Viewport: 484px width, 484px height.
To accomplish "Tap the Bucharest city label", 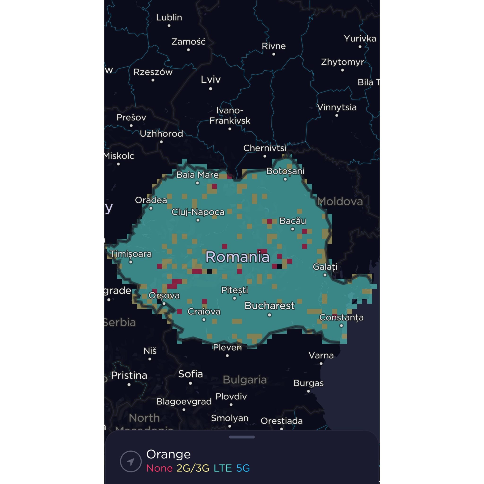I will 269,306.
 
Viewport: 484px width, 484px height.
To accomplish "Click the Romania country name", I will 237,257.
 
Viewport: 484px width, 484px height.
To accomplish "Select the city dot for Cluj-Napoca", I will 198,220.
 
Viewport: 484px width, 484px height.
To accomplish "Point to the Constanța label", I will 341,317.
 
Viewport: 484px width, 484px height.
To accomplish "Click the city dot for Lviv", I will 210,89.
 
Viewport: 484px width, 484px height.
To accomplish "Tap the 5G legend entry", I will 243,468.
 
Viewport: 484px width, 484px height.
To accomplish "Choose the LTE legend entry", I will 223,468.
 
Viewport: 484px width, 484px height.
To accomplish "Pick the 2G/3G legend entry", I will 193,468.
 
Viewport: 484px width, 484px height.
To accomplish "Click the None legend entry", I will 159,468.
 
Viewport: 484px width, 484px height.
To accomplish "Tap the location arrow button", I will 131,461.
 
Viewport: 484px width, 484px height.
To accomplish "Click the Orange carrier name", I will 168,454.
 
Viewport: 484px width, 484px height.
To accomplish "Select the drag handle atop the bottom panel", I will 242,437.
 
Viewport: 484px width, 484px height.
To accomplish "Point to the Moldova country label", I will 340,201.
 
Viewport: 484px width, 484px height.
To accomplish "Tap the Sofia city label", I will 190,374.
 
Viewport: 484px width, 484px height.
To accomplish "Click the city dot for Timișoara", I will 130,262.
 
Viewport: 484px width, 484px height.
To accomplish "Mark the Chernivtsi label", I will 265,148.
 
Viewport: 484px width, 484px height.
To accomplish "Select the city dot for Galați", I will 325,275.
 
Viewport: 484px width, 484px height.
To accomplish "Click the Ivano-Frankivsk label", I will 230,116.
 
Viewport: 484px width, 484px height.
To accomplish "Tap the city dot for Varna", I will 321,363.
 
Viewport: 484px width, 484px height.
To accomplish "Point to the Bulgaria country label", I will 245,380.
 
